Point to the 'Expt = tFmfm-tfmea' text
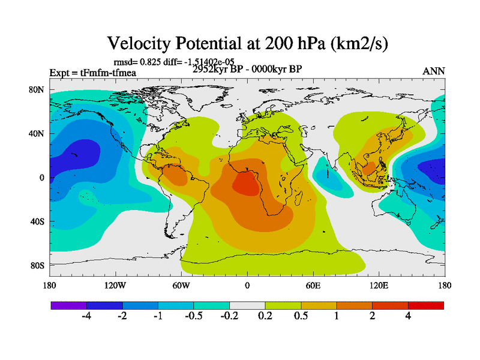point(93,73)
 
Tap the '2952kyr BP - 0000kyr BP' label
point(247,69)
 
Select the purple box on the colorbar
point(68,305)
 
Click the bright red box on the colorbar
point(425,305)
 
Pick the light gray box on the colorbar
point(247,305)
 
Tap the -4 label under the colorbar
point(86,317)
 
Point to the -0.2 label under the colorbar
point(229,317)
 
